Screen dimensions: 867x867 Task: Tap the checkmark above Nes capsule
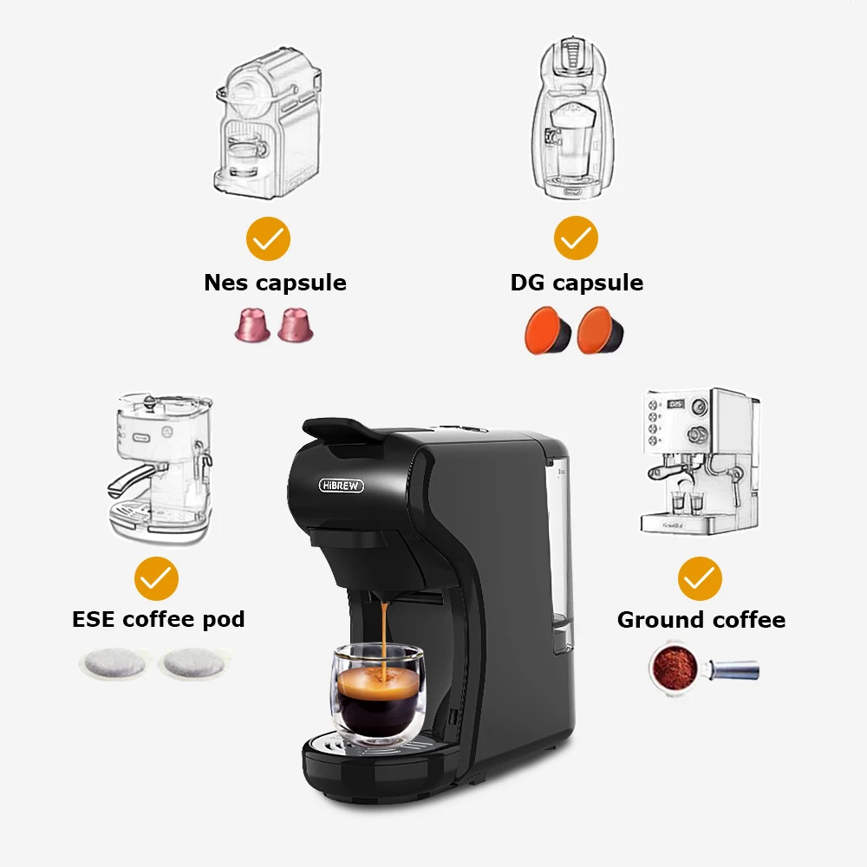click(268, 238)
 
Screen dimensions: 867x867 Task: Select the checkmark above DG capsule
click(575, 238)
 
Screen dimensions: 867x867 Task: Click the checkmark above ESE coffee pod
click(156, 579)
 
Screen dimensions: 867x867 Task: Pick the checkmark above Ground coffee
click(700, 579)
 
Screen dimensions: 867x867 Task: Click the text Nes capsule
click(275, 283)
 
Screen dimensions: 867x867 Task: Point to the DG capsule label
click(577, 283)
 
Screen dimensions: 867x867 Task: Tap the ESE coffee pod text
click(158, 620)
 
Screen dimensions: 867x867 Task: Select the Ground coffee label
click(701, 620)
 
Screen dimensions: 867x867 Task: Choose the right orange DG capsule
click(600, 330)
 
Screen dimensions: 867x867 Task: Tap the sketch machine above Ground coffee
click(699, 460)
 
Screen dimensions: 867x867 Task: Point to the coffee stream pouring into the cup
click(382, 633)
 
